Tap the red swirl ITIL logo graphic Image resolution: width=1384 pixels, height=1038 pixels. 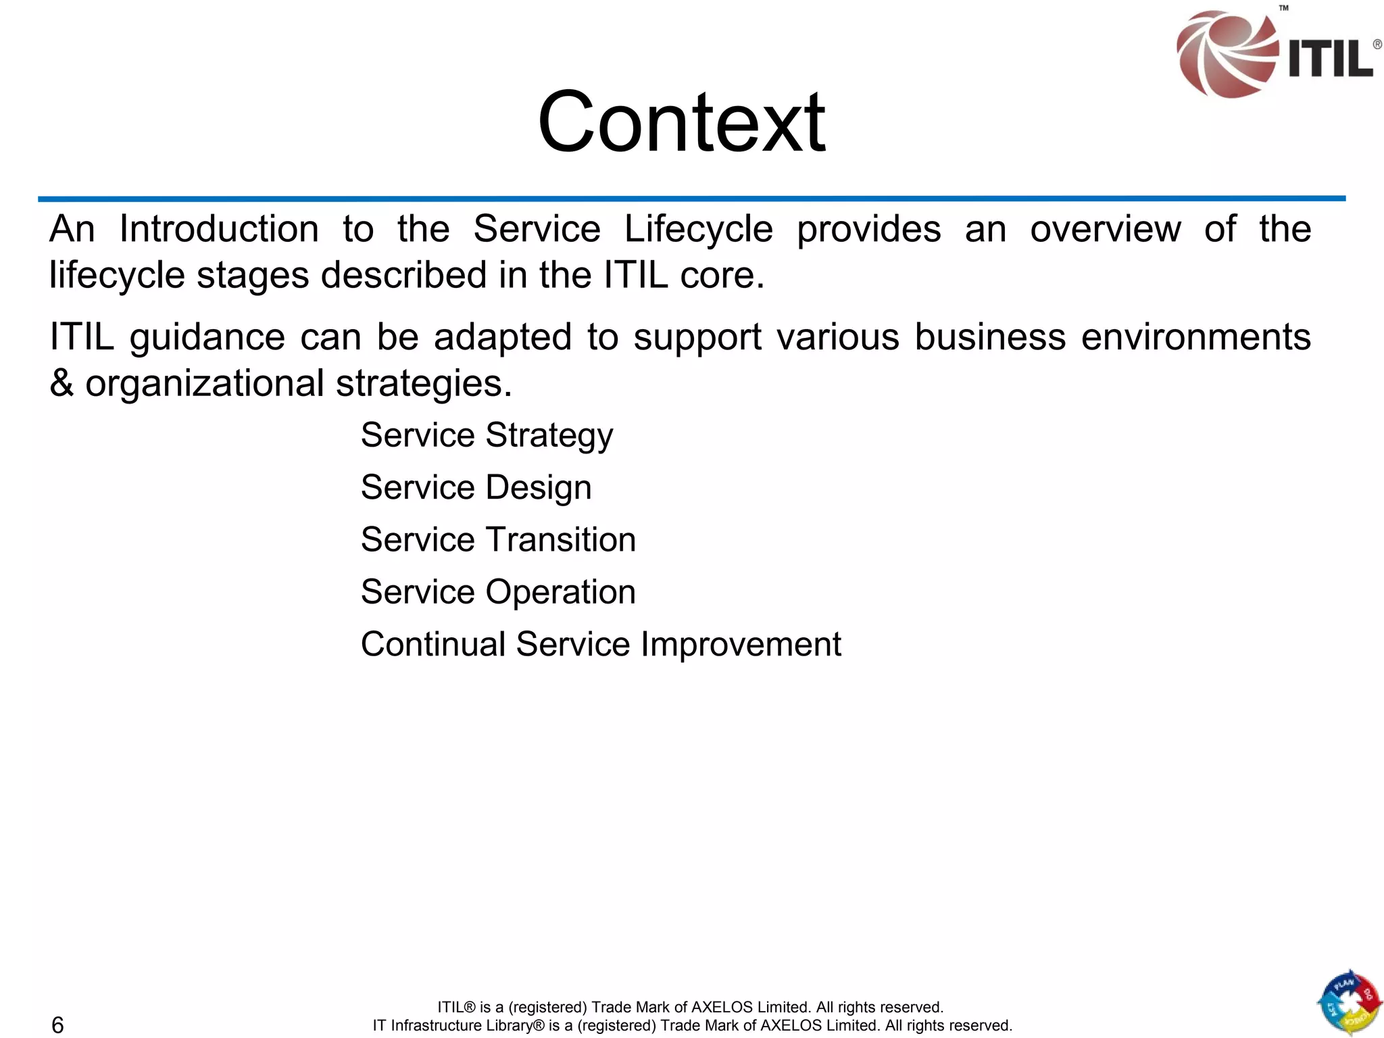point(1225,54)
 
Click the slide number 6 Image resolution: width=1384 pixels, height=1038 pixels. point(58,1024)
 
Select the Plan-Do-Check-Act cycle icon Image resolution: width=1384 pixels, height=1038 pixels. point(1349,1003)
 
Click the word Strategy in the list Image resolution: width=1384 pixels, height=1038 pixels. point(549,436)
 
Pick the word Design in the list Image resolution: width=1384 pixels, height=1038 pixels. point(538,488)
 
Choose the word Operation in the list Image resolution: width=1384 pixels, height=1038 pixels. point(560,592)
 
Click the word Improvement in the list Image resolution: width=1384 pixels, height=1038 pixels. point(741,644)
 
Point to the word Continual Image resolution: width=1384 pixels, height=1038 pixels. point(433,644)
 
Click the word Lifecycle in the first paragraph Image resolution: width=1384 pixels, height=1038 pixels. point(698,230)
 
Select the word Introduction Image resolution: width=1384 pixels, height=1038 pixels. point(219,229)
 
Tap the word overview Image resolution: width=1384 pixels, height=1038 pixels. point(1105,229)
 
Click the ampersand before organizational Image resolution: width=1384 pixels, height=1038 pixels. point(61,382)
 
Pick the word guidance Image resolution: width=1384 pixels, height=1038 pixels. point(207,338)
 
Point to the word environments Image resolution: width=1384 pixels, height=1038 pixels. point(1195,337)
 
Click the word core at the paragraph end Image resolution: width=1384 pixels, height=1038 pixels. point(721,276)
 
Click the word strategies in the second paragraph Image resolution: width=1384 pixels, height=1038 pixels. point(424,384)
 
